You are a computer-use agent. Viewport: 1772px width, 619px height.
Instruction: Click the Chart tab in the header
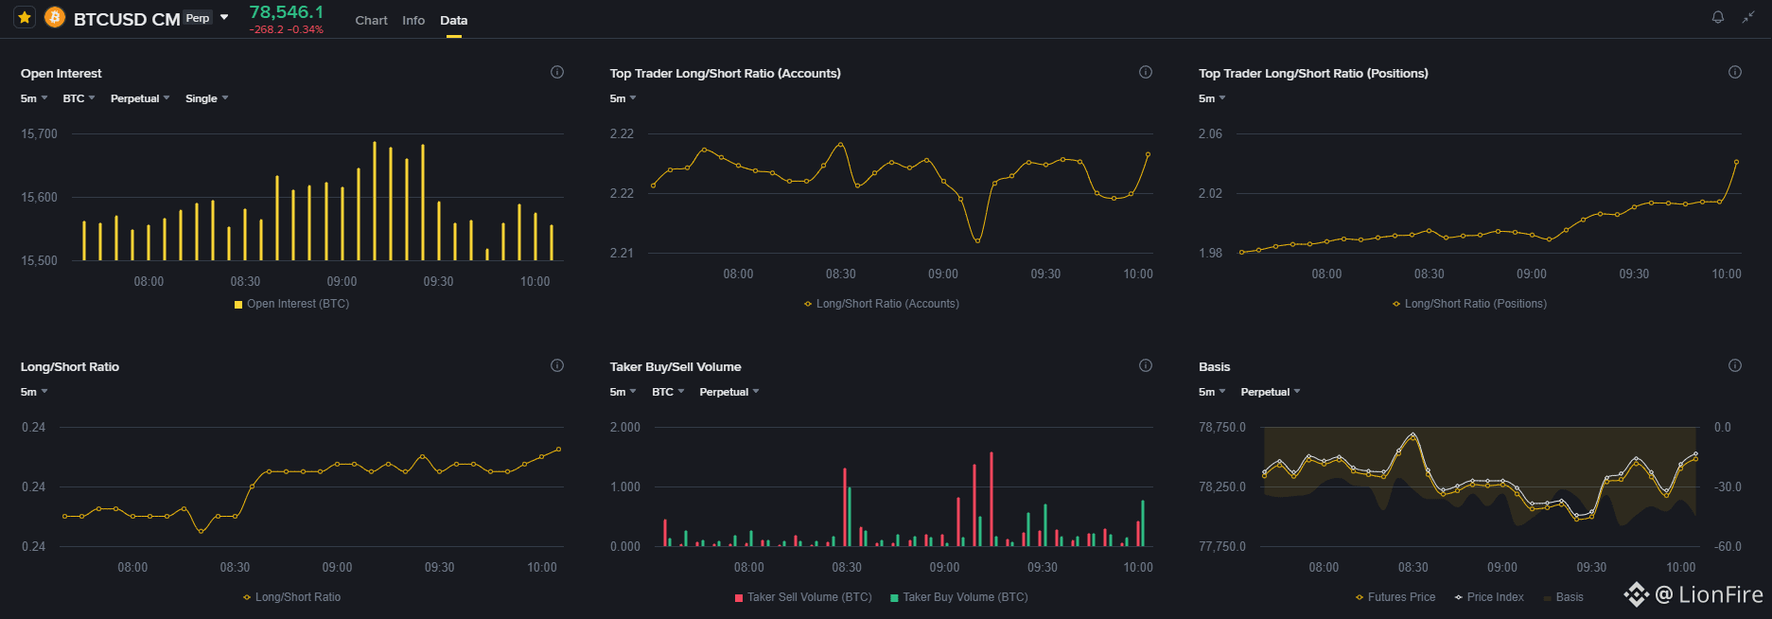(371, 20)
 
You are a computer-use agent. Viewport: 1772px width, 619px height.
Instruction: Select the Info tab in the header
(413, 20)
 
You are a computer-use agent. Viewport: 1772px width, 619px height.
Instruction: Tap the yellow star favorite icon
(25, 17)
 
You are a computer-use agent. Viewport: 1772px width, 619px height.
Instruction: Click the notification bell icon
(1718, 17)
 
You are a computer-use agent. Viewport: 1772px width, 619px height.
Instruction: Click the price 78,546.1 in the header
(286, 11)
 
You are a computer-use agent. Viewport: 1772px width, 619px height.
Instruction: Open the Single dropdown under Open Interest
(206, 98)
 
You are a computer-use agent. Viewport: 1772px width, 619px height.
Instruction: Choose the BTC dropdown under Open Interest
(79, 98)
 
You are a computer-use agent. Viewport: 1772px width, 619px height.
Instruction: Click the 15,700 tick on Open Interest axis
(40, 133)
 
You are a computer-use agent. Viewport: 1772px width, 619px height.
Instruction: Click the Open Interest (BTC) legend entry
(291, 304)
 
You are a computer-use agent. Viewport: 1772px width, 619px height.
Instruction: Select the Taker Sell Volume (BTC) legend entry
(803, 597)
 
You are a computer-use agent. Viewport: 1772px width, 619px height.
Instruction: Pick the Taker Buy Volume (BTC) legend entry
(958, 597)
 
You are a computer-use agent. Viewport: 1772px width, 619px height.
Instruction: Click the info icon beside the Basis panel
(1735, 365)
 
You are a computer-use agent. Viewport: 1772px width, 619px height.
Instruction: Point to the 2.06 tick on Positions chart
(1210, 133)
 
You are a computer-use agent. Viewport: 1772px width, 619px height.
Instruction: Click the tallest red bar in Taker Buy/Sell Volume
(991, 499)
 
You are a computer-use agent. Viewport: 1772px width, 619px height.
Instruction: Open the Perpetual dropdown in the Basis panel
(1271, 392)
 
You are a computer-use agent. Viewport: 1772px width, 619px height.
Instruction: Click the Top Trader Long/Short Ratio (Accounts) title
(726, 73)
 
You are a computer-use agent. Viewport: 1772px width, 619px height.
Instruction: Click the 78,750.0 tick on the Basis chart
(1222, 427)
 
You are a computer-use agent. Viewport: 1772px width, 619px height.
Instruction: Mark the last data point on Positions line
(1737, 162)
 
